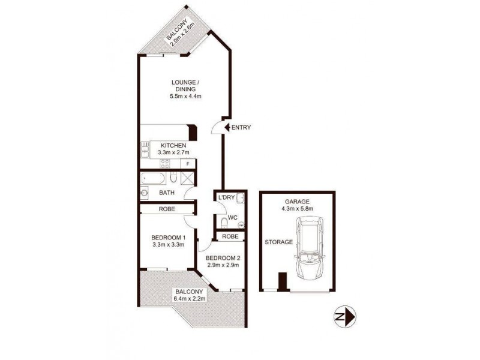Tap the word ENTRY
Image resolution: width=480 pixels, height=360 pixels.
[241, 127]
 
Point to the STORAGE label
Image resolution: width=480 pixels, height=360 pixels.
[279, 242]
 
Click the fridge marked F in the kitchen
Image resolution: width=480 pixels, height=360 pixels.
[188, 164]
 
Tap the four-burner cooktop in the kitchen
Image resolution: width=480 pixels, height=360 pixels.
[164, 164]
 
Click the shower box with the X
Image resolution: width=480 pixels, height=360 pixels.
[187, 178]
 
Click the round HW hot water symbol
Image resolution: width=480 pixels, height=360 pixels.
[241, 225]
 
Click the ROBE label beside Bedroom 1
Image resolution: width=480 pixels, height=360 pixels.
[167, 209]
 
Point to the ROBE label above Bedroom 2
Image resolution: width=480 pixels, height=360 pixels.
[230, 236]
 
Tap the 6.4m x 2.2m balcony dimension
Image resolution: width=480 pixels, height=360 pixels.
[190, 298]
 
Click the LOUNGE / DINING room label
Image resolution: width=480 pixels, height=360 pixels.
[184, 86]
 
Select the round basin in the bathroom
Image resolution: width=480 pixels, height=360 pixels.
[145, 193]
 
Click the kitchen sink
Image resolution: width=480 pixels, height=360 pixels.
[145, 150]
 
